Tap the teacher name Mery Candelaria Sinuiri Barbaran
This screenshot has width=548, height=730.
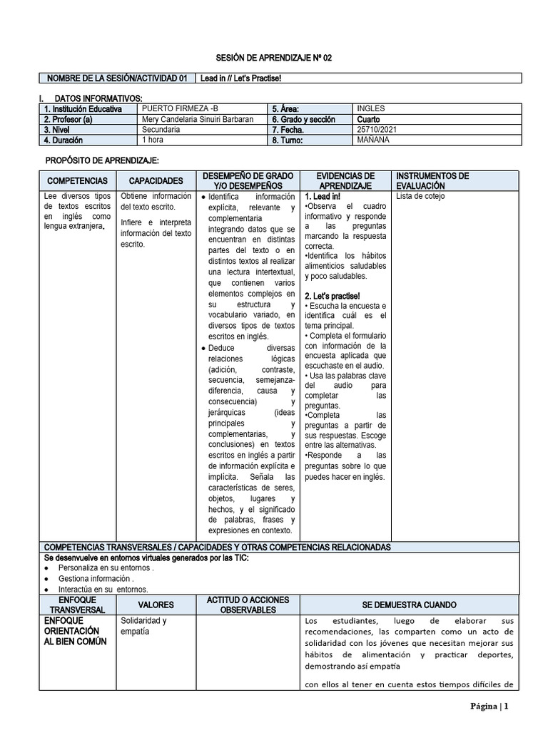(198, 119)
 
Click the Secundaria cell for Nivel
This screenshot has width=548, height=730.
(161, 130)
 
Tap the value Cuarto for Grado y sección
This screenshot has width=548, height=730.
(369, 119)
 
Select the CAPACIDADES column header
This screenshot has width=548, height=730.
(156, 181)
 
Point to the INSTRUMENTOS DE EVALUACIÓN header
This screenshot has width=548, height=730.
(432, 180)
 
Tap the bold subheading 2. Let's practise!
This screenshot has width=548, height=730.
(332, 296)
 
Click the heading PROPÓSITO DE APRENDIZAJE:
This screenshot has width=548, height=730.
(102, 161)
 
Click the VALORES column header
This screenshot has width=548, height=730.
(156, 605)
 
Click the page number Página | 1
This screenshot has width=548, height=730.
(489, 706)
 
